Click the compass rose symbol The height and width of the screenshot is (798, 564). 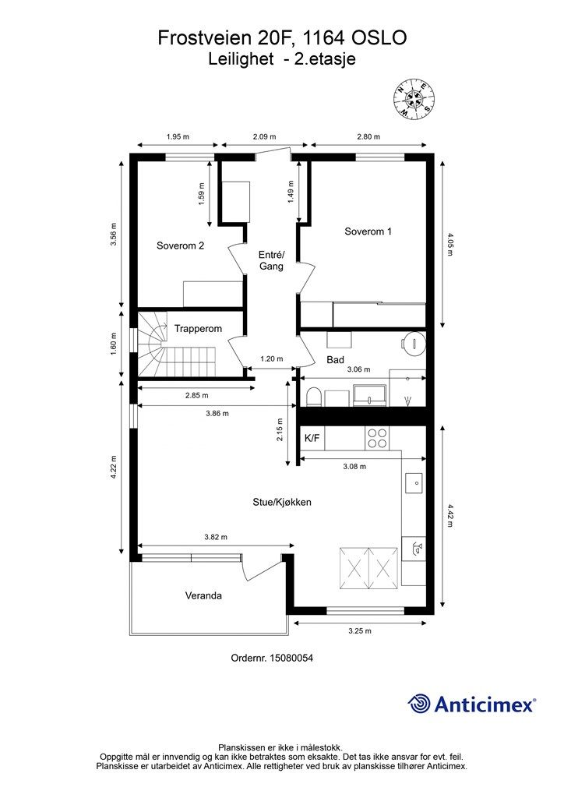(413, 100)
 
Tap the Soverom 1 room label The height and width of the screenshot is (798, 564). (368, 231)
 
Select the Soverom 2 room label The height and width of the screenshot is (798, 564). (180, 245)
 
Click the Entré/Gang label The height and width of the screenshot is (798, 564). (272, 260)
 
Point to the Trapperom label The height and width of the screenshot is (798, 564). (198, 329)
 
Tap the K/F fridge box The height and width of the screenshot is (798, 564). (312, 439)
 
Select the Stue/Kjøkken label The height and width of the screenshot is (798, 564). (281, 503)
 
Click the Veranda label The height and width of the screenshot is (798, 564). (203, 595)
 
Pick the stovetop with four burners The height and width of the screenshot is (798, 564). (378, 438)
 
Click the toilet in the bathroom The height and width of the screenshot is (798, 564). (313, 397)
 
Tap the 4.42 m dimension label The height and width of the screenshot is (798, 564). (449, 516)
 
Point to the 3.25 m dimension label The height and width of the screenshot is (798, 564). (358, 630)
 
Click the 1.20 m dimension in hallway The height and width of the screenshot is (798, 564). (271, 359)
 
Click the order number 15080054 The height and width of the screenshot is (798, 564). (272, 658)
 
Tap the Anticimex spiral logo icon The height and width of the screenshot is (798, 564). (420, 704)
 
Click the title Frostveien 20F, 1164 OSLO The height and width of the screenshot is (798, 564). (282, 37)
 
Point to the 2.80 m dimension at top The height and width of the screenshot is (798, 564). (368, 136)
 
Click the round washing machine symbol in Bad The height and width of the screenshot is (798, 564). (412, 342)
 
